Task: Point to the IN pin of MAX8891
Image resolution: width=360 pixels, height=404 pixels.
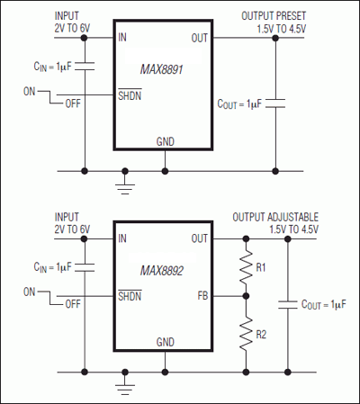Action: (123, 38)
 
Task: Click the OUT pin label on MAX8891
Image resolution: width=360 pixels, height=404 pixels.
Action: (201, 38)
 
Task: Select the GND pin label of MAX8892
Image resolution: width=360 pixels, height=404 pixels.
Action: (165, 343)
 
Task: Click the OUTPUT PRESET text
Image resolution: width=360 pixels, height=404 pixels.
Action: (277, 16)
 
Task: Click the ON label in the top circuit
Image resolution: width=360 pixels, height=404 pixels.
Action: (31, 91)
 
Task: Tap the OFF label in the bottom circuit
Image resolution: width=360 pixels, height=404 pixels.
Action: (71, 304)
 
